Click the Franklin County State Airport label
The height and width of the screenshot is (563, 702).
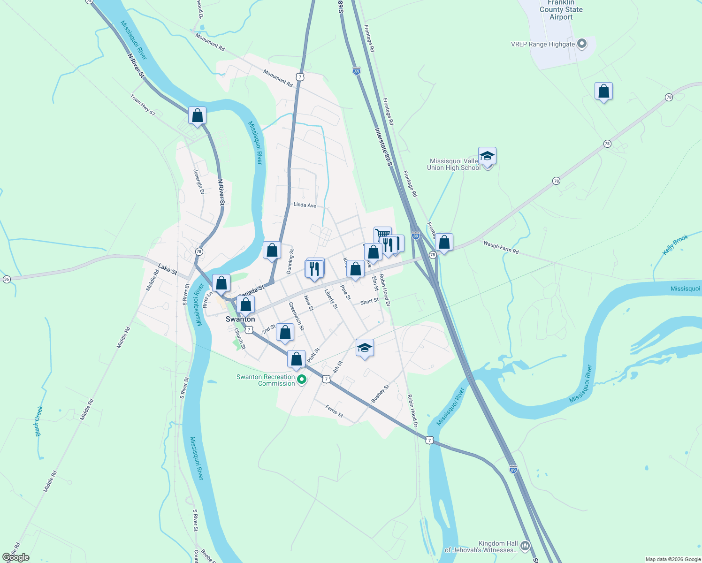[x=561, y=10]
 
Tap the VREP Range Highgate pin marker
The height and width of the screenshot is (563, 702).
[x=582, y=44]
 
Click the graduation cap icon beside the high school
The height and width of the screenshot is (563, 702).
[x=487, y=156]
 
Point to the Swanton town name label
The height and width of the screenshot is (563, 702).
[x=240, y=319]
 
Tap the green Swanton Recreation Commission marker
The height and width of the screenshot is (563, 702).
[x=302, y=380]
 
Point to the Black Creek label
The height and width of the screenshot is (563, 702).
[x=39, y=421]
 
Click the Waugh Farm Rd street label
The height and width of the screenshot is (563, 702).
[x=501, y=247]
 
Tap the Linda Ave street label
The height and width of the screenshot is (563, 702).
[x=305, y=205]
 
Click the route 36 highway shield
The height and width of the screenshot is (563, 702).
[x=7, y=279]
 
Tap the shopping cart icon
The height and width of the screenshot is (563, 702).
[x=382, y=234]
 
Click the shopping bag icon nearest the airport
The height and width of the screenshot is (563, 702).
[x=603, y=91]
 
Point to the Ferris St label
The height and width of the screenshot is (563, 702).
[x=334, y=411]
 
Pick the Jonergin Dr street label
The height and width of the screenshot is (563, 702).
[x=198, y=182]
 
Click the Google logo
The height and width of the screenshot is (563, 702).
[x=16, y=557]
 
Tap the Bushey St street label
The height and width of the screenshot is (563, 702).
[x=380, y=394]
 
